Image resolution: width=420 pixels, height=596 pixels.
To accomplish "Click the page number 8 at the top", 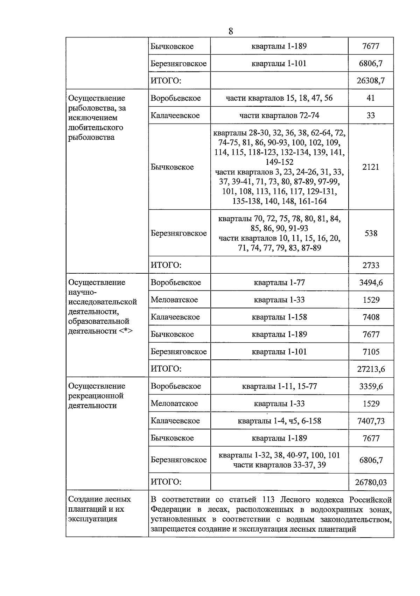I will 231,31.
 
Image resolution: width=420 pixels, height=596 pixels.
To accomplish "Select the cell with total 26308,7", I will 371,81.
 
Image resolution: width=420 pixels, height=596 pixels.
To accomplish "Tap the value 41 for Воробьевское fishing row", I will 371,98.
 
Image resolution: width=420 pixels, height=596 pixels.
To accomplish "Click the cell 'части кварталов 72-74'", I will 279,115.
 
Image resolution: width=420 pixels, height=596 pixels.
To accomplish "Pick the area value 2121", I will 371,167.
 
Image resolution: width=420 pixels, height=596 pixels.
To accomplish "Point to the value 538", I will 371,233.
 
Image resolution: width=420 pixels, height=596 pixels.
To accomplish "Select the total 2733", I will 371,265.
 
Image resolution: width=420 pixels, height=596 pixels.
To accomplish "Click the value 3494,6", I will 371,282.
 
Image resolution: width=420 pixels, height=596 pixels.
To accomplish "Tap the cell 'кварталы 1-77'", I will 279,282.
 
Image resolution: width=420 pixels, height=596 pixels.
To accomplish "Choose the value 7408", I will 371,317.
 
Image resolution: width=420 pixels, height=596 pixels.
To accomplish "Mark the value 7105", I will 371,352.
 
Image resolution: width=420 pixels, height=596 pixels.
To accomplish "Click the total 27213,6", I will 371,369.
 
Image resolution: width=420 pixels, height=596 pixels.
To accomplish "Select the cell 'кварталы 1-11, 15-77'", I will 279,386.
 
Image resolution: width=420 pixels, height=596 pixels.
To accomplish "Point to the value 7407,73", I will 371,421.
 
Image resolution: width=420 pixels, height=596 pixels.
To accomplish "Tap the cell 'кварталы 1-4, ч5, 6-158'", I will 279,421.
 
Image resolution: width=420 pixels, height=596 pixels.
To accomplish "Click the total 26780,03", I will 371,482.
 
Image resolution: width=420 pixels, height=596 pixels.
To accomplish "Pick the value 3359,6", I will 371,386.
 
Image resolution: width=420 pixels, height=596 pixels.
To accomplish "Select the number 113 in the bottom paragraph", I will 269,499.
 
